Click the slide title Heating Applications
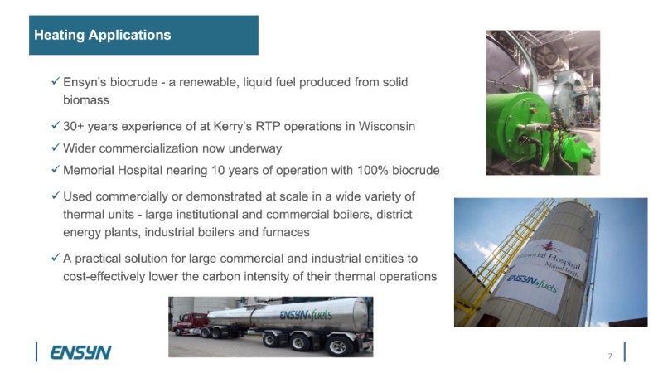click(102, 35)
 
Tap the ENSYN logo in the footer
click(80, 352)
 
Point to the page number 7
click(610, 356)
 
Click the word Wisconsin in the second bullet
click(386, 126)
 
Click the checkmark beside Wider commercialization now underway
click(56, 148)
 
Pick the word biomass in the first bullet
click(86, 100)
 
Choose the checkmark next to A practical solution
click(56, 257)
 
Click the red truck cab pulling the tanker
click(190, 324)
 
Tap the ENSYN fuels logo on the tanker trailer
click(306, 315)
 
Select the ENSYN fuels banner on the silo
click(532, 286)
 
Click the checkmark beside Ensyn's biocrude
click(56, 80)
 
